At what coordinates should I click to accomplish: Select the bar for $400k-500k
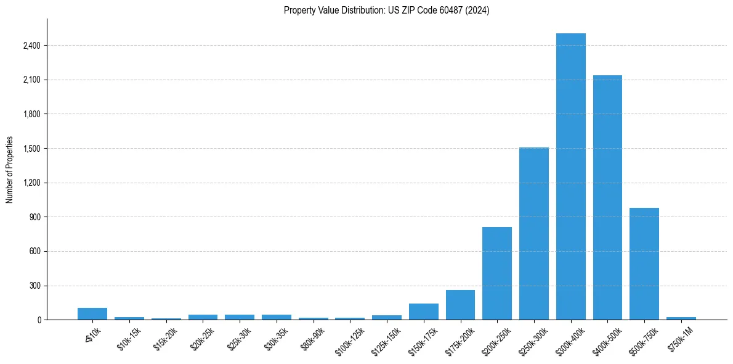[x=607, y=197]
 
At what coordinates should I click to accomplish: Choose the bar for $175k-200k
[x=460, y=305]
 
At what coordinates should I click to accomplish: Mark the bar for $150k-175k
[x=423, y=312]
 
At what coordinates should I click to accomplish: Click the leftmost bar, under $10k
[x=92, y=313]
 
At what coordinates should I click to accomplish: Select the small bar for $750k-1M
[x=681, y=318]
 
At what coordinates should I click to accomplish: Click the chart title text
[x=386, y=10]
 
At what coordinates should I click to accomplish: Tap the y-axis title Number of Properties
[x=10, y=170]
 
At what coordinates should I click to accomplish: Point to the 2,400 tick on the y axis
[x=31, y=46]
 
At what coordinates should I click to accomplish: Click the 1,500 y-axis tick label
[x=31, y=149]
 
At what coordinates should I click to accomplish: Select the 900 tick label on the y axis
[x=34, y=217]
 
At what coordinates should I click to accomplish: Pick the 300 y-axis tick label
[x=34, y=286]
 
